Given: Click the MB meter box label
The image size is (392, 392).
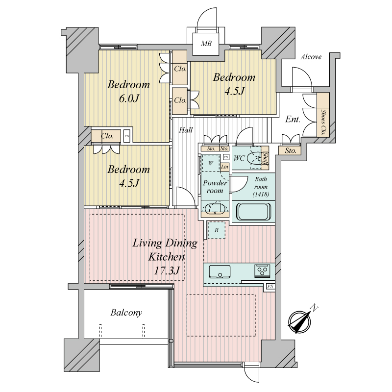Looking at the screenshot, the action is [x=206, y=44].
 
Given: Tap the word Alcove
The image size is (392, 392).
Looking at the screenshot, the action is [x=311, y=57].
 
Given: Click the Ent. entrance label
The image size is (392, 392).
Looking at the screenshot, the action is [x=293, y=119].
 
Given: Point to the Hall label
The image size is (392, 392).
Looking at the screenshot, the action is [x=186, y=130].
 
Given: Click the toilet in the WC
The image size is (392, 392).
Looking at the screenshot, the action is [x=254, y=158].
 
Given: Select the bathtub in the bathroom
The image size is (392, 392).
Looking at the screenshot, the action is [x=253, y=212].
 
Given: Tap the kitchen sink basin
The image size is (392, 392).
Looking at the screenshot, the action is [x=220, y=271].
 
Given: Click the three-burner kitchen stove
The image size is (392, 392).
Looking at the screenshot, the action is [x=262, y=271].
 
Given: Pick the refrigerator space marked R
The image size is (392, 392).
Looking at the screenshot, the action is [x=217, y=230].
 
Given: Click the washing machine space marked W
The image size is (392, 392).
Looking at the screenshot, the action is [x=211, y=163].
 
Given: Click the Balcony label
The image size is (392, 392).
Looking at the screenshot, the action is [x=126, y=313].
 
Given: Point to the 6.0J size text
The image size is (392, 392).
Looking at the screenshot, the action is [x=128, y=98].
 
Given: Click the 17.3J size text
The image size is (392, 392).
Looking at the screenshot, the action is [x=166, y=270].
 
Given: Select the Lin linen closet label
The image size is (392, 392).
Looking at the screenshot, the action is [x=224, y=167].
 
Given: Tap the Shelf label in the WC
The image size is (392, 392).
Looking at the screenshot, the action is [x=266, y=158].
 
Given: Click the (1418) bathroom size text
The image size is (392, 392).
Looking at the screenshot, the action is [x=261, y=194].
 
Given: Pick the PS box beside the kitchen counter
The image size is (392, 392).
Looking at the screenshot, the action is [x=270, y=287].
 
